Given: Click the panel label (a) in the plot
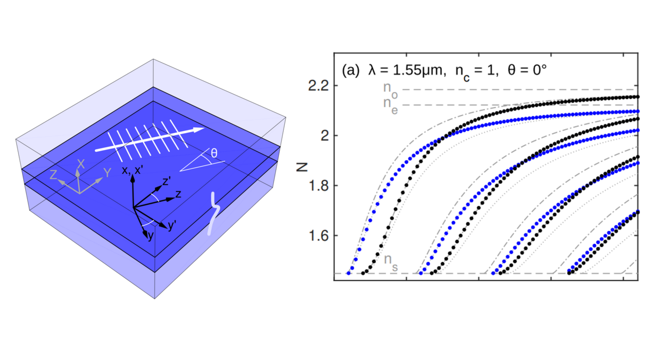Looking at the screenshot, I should [x=351, y=71].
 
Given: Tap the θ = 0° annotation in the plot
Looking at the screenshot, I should [x=519, y=71].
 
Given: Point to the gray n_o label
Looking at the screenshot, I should [x=390, y=88].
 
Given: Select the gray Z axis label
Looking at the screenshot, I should [x=53, y=174].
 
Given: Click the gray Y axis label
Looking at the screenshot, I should [x=107, y=173].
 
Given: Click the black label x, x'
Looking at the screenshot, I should [x=133, y=170].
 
